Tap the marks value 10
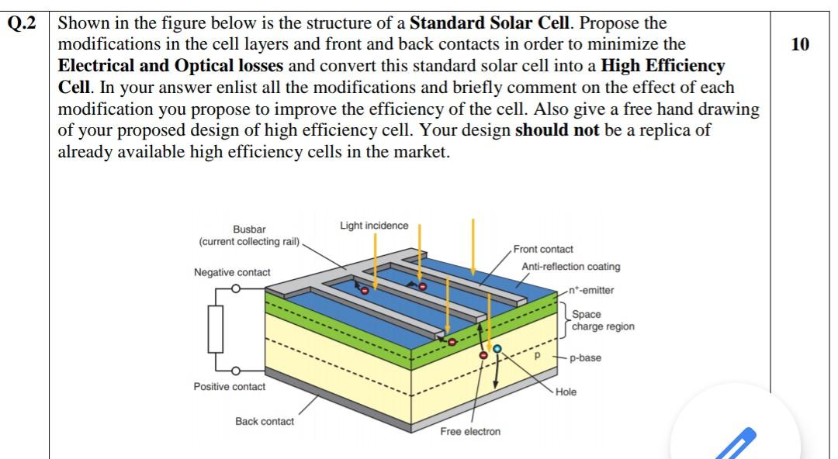[x=799, y=44]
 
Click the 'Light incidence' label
[x=373, y=226]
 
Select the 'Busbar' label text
[x=249, y=229]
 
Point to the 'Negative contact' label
[x=232, y=272]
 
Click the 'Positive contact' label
[x=229, y=387]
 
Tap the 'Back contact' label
[x=265, y=422]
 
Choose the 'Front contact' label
[x=543, y=250]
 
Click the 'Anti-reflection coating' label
[x=570, y=267]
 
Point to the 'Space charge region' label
[x=603, y=320]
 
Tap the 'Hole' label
[x=566, y=392]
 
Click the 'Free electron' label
[x=470, y=432]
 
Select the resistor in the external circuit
[x=215, y=328]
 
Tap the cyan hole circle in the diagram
[x=497, y=349]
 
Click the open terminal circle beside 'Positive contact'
[x=236, y=371]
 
